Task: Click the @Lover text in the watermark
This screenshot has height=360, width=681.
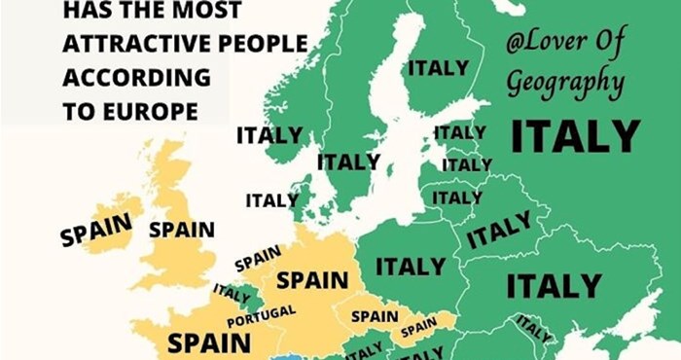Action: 551,44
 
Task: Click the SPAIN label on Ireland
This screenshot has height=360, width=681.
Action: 95,230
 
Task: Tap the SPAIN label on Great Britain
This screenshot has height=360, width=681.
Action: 182,230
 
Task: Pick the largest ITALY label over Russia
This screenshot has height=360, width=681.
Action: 576,137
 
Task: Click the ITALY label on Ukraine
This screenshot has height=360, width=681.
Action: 554,286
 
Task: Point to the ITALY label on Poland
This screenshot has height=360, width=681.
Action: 410,265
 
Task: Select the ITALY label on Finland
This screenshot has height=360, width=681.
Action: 438,68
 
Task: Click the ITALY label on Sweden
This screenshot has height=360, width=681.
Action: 348,162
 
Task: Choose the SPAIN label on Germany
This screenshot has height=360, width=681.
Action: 312,280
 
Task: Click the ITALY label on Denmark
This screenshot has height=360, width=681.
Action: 271,200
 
